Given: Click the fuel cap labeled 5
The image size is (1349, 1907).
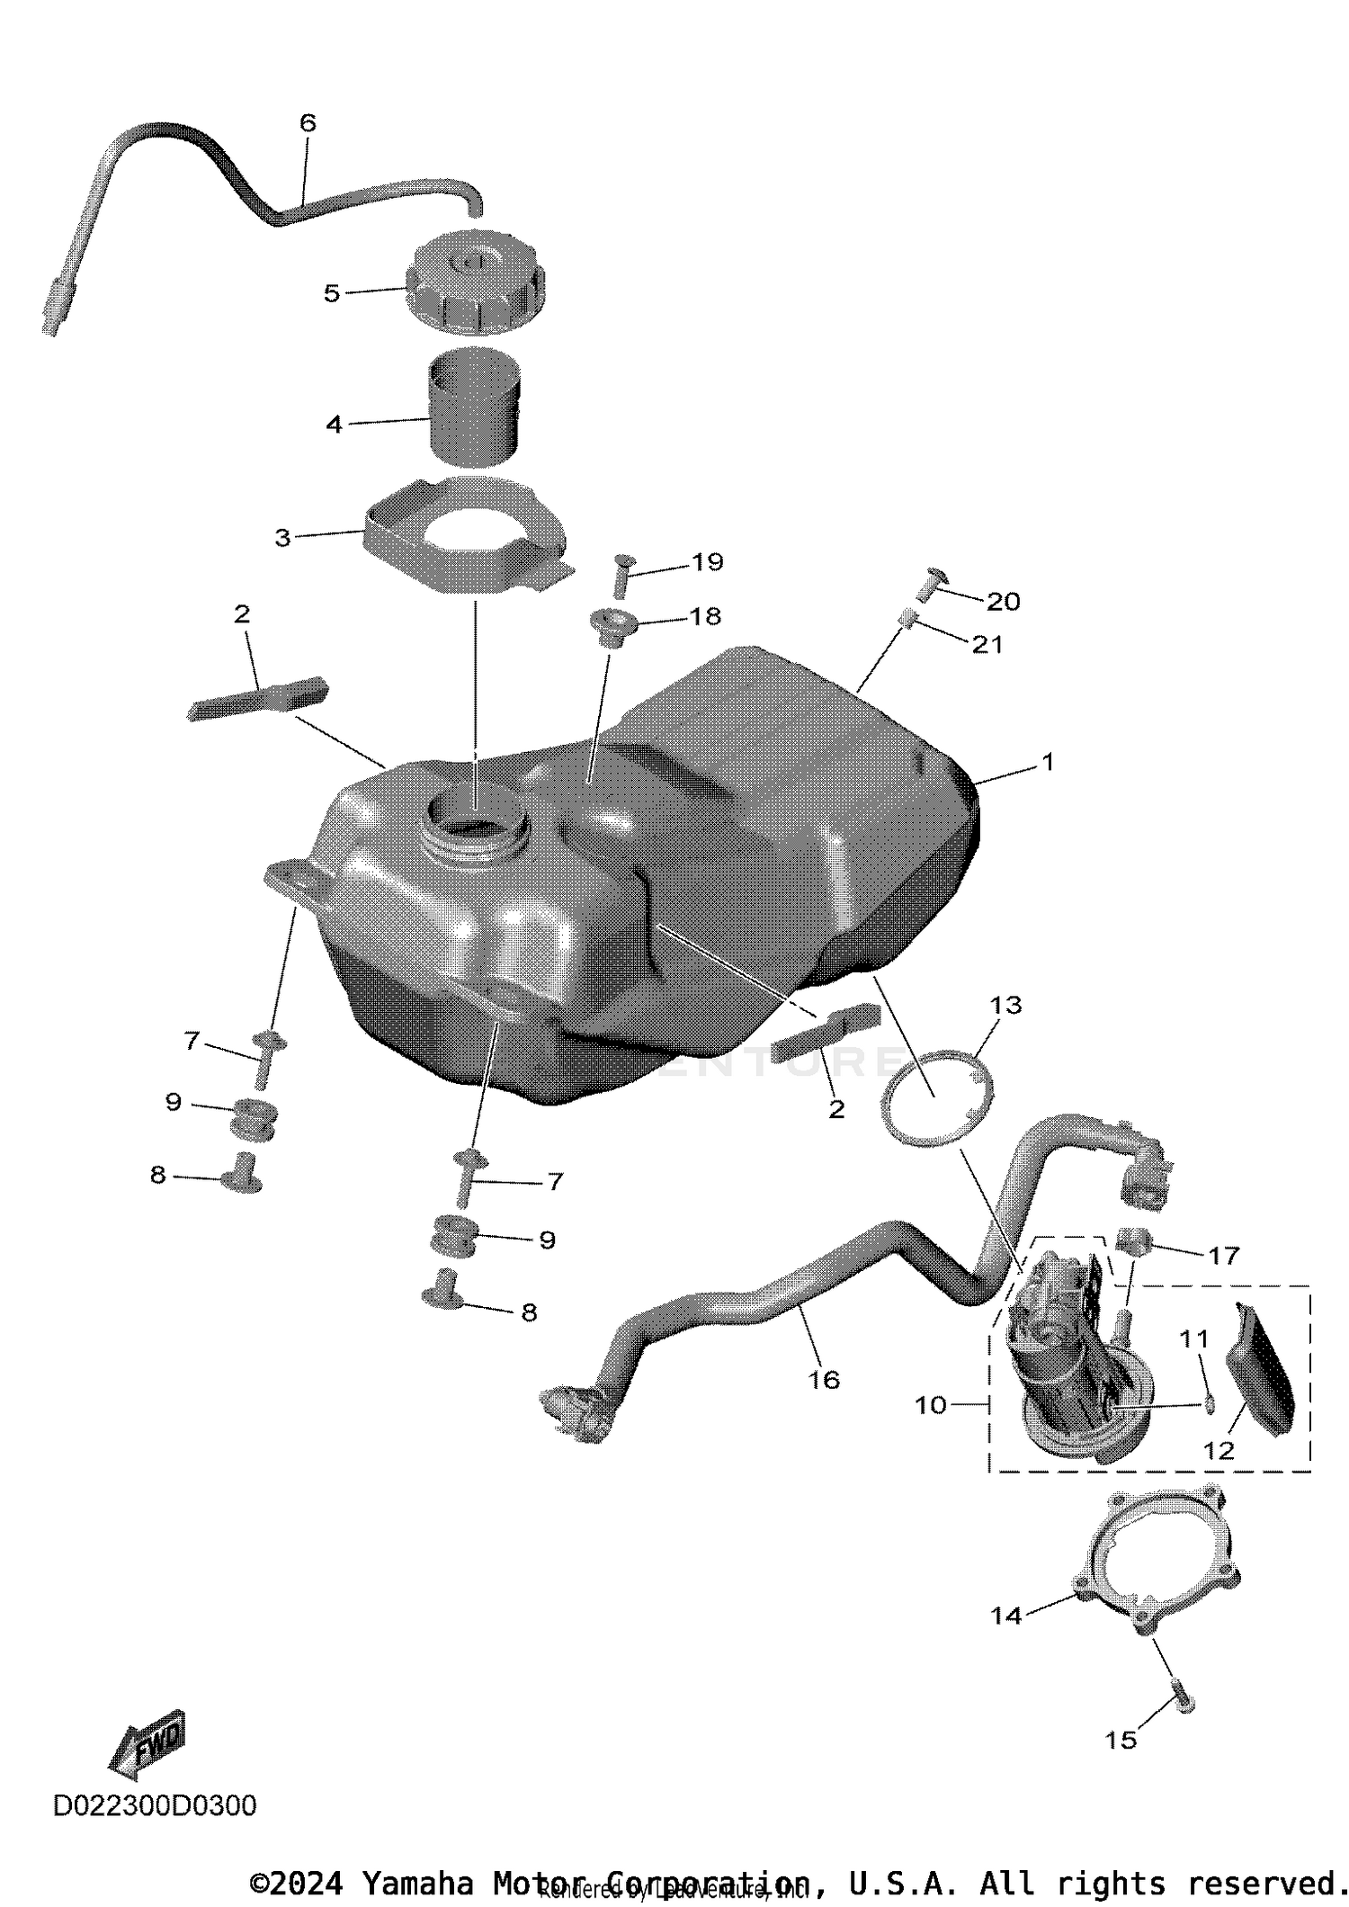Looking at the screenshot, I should click(x=474, y=291).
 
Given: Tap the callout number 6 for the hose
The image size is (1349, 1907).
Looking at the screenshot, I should click(x=308, y=123).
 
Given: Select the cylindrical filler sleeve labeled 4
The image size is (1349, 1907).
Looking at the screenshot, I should click(x=474, y=409).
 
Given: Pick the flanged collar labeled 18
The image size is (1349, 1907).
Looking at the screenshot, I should click(x=611, y=627).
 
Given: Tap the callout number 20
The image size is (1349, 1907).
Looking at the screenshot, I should click(x=1004, y=602).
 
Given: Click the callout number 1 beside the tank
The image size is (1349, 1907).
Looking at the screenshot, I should click(x=1047, y=762).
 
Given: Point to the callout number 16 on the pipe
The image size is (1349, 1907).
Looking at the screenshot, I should click(x=824, y=1380).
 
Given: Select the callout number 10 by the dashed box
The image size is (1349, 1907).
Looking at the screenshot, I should click(x=931, y=1405).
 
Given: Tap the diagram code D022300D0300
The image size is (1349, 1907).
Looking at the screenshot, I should click(x=155, y=1805).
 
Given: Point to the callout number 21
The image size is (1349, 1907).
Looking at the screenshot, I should click(x=987, y=645).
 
